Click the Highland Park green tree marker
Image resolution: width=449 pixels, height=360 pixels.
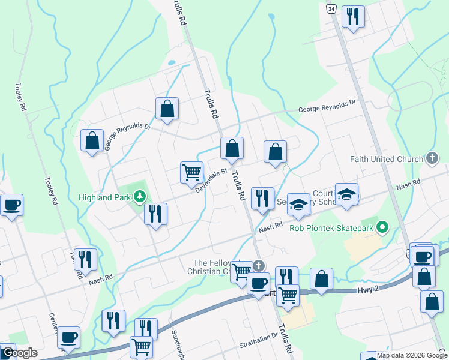click(x=140, y=196)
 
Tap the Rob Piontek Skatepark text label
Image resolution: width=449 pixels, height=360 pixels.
click(x=331, y=227)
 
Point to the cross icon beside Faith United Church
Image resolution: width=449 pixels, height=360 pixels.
click(x=431, y=158)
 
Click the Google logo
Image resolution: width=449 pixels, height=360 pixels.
click(x=19, y=353)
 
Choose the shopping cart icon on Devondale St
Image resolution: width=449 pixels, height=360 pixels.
click(x=191, y=172)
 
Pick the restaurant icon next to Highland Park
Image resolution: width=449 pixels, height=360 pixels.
click(x=155, y=214)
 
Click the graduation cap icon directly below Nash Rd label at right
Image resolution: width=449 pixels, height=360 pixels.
click(x=346, y=194)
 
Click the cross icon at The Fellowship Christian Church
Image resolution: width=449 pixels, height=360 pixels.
click(x=258, y=265)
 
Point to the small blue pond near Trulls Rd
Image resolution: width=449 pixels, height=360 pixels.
click(x=172, y=62)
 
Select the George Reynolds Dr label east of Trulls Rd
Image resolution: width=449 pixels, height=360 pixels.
click(x=328, y=106)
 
